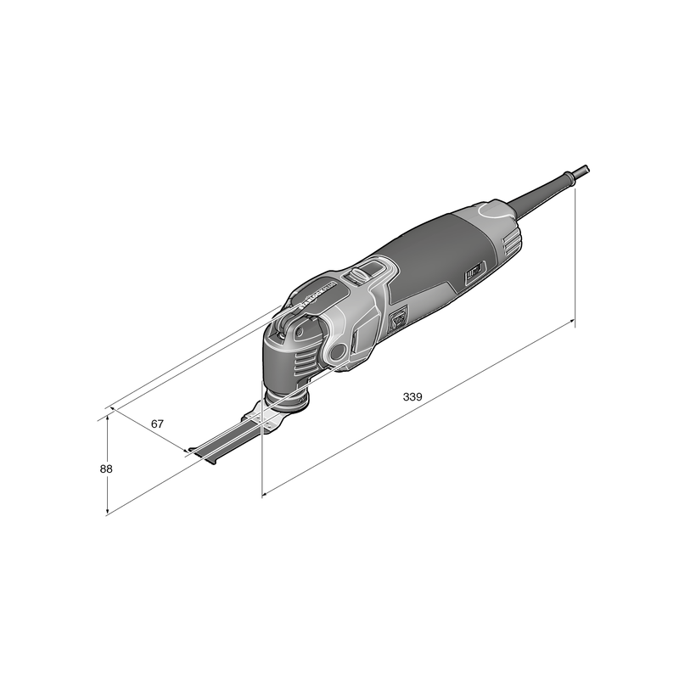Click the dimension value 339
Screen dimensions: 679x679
412,396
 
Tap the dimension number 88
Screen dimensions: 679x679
106,469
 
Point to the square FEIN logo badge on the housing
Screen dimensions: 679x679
396,320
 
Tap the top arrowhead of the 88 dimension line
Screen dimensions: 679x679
107,418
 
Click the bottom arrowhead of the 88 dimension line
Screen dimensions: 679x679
107,512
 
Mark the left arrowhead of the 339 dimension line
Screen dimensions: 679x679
266,493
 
